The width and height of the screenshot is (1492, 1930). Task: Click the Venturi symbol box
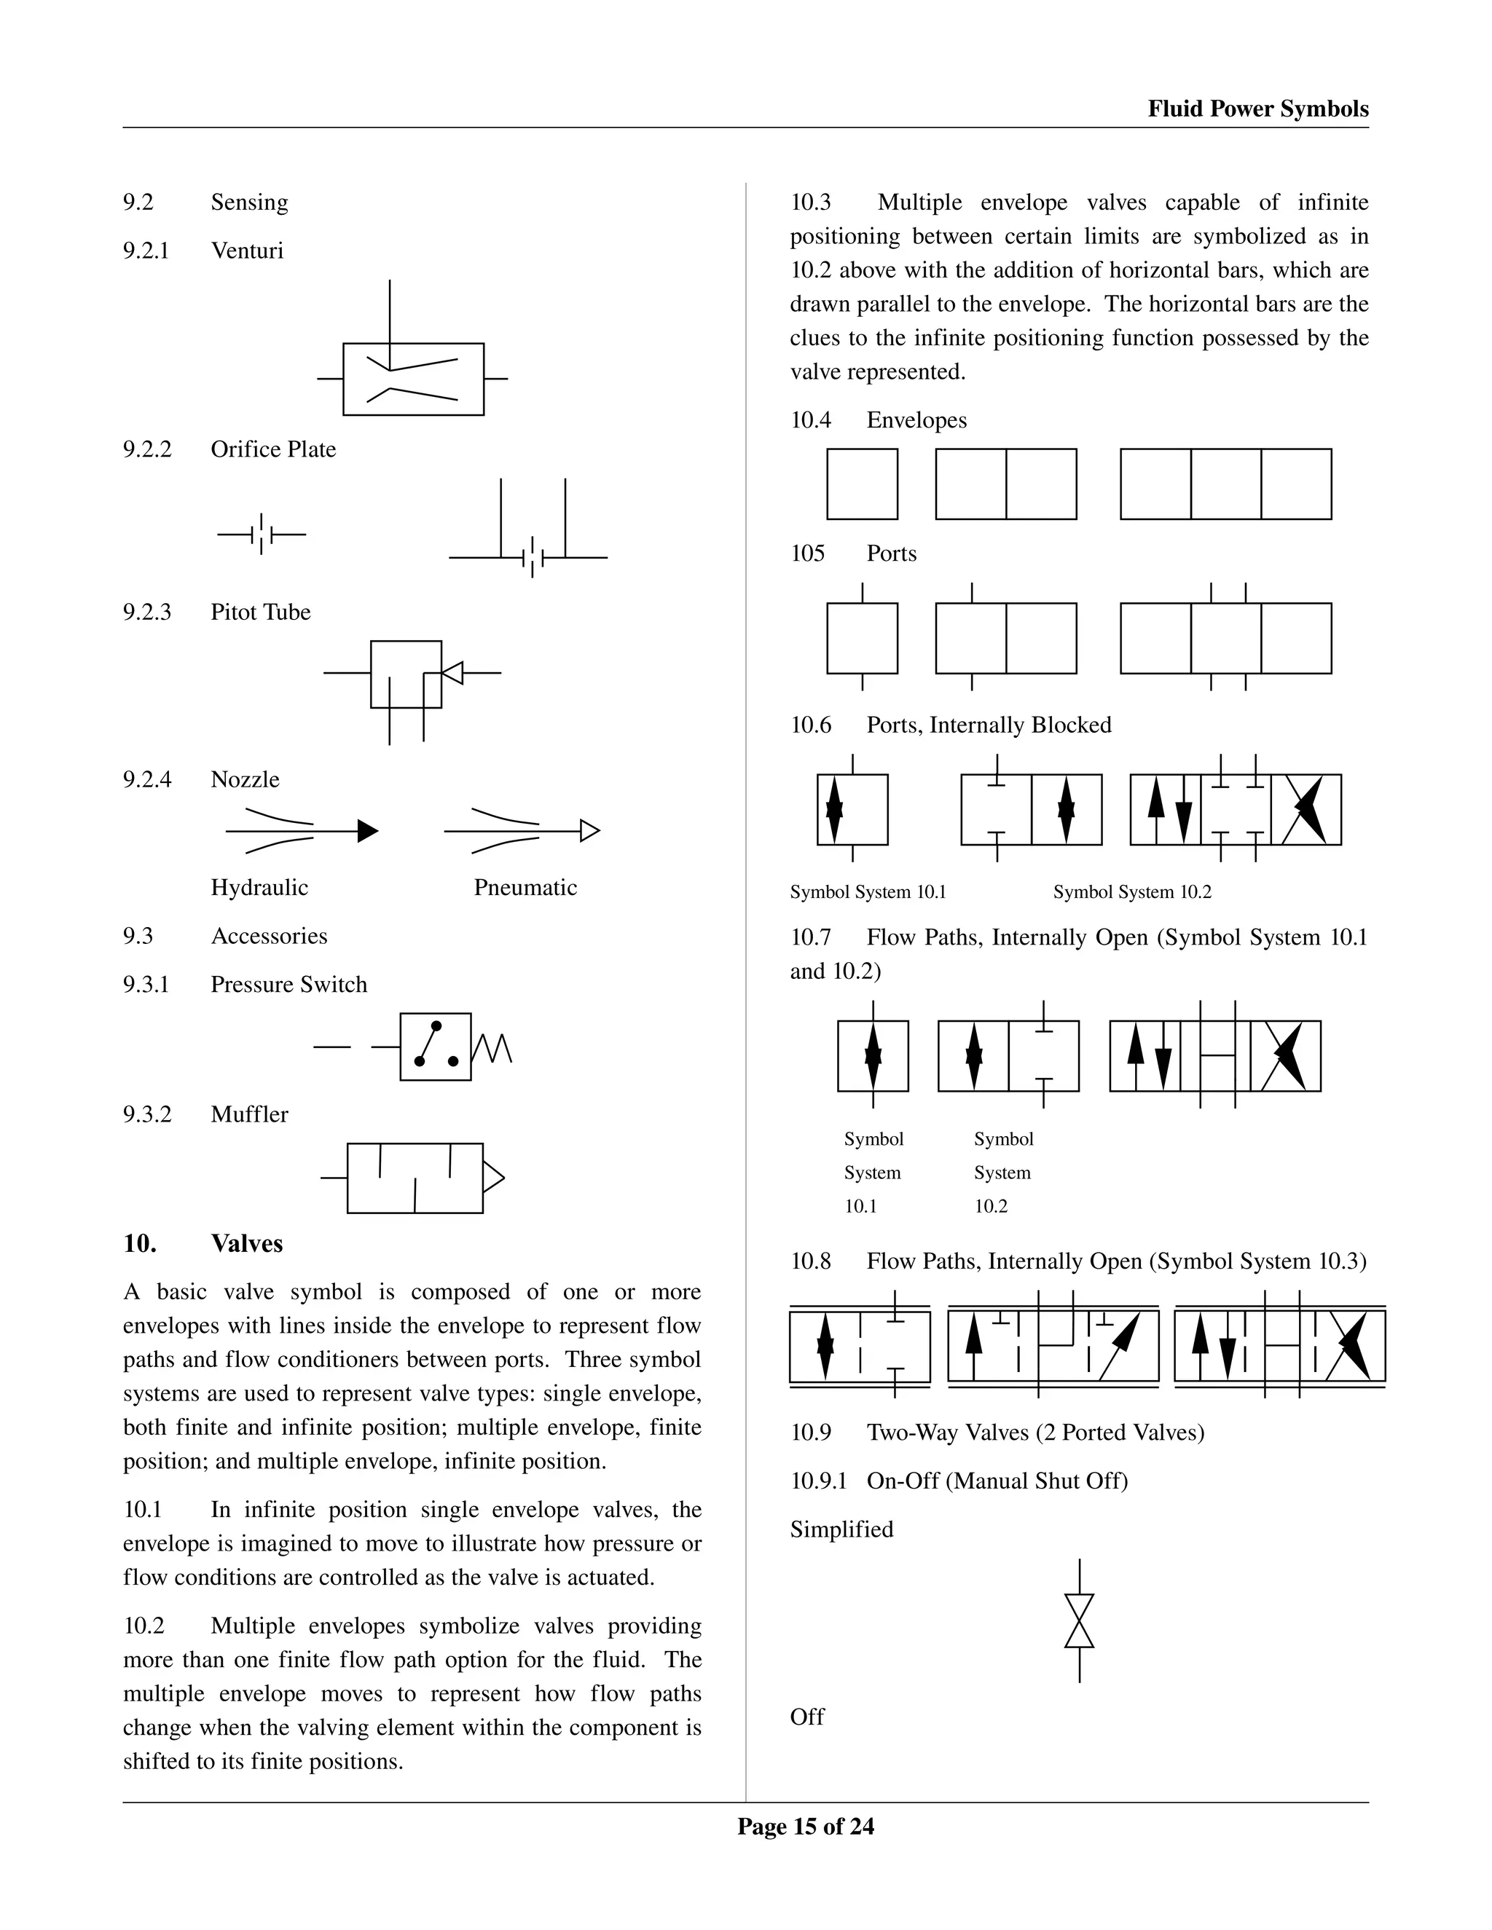[x=413, y=379]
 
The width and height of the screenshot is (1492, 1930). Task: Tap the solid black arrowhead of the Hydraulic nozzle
[x=368, y=831]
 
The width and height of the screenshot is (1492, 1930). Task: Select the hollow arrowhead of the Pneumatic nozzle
[x=589, y=831]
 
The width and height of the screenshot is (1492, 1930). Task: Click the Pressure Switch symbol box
[x=435, y=1047]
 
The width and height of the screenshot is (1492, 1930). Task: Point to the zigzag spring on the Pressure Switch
[x=492, y=1048]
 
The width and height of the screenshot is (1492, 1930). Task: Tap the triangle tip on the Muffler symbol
[x=493, y=1178]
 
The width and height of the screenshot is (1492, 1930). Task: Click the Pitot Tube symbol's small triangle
[x=452, y=672]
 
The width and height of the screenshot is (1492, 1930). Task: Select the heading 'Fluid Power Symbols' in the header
[x=1257, y=109]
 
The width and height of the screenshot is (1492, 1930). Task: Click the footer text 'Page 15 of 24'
[x=805, y=1827]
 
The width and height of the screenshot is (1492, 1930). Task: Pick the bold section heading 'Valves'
[x=247, y=1243]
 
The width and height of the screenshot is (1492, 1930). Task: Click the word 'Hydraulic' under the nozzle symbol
[x=259, y=887]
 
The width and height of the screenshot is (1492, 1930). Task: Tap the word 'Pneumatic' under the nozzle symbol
[x=525, y=887]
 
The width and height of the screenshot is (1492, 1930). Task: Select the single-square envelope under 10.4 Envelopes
[x=862, y=484]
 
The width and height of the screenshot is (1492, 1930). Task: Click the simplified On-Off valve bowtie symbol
[x=1079, y=1620]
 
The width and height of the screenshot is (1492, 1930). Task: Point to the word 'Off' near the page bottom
[x=807, y=1716]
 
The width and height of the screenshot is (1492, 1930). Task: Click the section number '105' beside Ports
[x=807, y=554]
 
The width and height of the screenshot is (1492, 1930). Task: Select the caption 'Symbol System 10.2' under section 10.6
[x=1131, y=891]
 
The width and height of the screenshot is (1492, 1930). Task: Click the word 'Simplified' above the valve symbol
[x=841, y=1529]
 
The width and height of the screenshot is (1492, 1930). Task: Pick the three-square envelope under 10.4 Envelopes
[x=1225, y=484]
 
